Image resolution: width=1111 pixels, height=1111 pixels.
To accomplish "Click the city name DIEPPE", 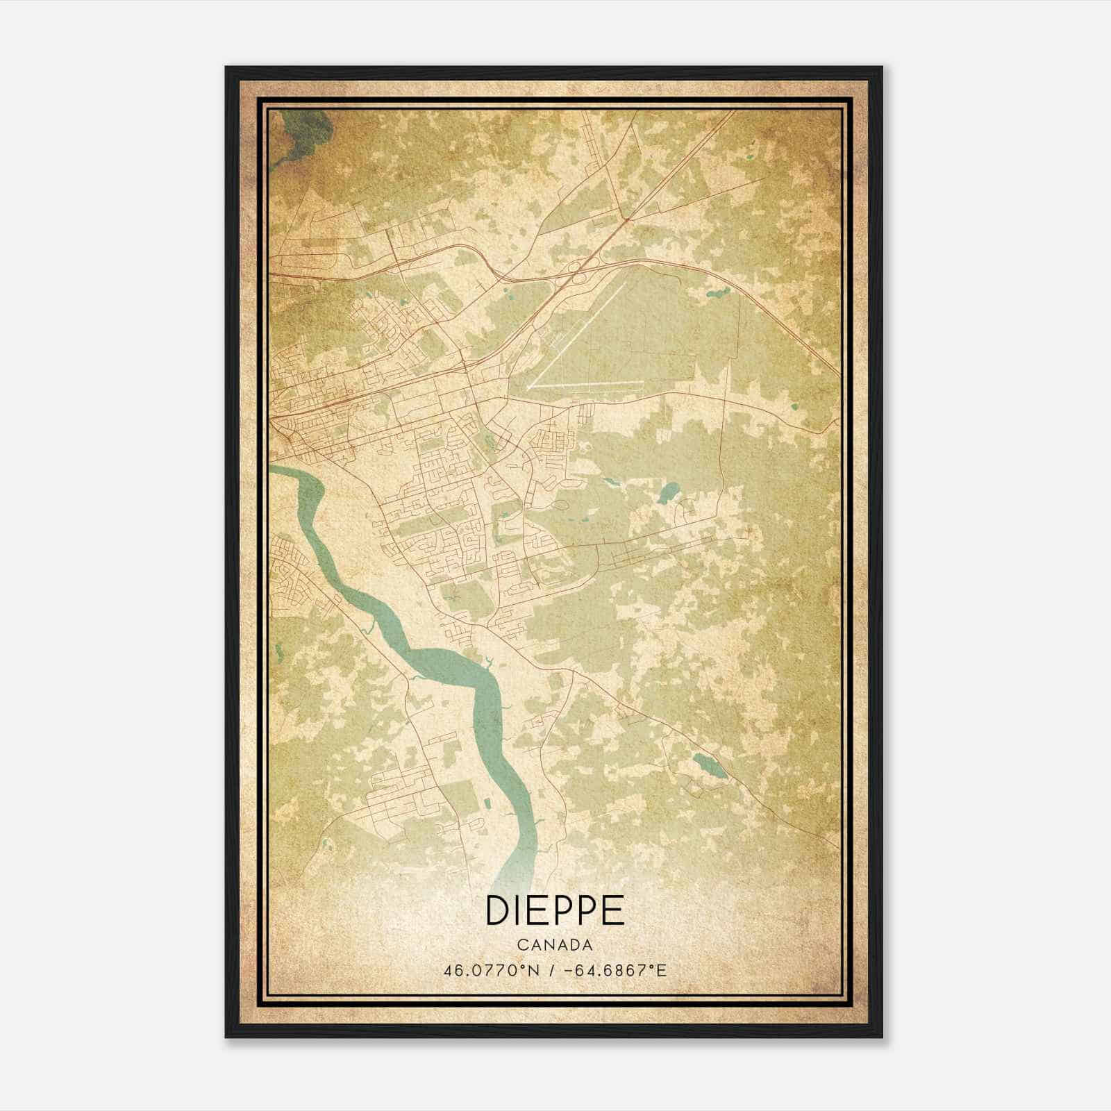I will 555,910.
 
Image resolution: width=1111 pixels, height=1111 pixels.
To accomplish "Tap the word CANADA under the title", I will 555,945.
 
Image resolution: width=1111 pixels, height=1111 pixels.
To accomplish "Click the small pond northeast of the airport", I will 715,292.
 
